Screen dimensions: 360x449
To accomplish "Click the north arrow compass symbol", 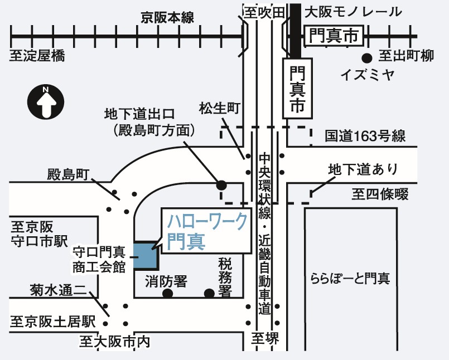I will coord(46,101).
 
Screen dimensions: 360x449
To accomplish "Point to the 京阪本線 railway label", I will coord(167,18).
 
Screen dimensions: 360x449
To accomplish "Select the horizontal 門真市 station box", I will coord(334,37).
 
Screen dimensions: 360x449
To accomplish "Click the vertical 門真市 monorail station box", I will coord(297,89).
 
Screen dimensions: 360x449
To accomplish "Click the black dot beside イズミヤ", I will coord(366,57).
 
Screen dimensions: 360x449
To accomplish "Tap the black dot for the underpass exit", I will coord(221,184).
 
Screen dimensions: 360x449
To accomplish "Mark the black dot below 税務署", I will coord(209,293).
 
